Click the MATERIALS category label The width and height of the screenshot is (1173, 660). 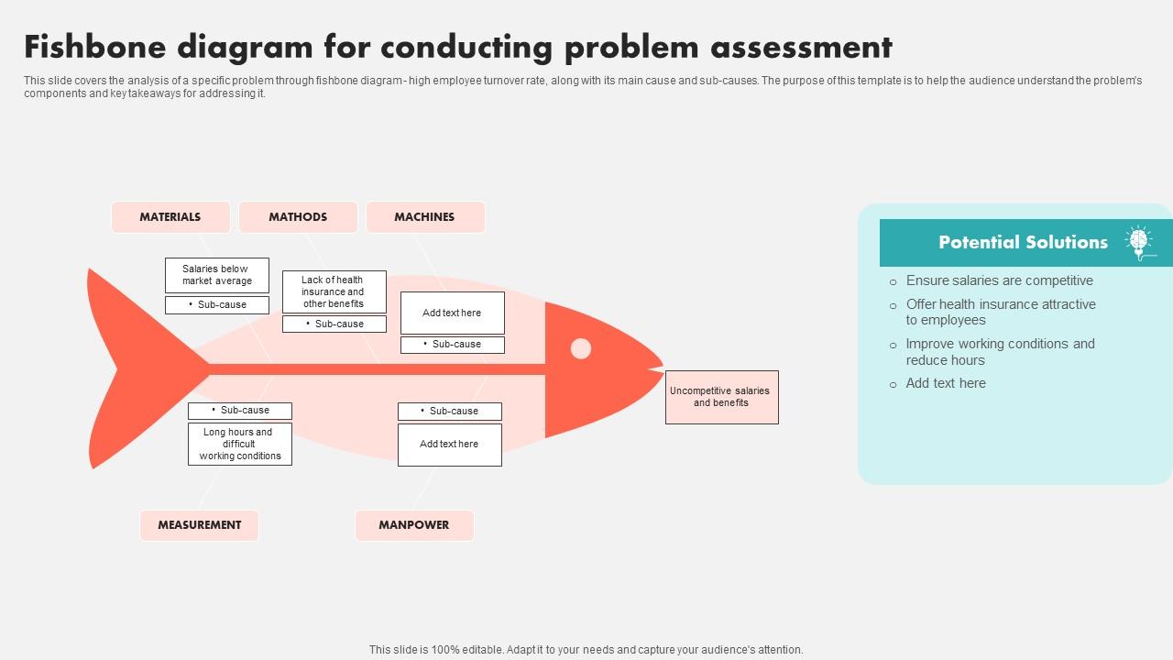170,217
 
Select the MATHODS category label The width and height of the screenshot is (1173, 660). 298,217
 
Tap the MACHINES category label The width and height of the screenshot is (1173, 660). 424,217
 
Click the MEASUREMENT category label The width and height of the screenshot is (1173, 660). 199,525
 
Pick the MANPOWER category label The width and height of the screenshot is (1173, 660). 414,525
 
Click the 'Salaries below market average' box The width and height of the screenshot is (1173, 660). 216,275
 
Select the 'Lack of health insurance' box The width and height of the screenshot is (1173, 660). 334,291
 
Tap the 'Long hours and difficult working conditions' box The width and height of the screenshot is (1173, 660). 239,444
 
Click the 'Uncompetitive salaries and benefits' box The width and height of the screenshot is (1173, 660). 721,397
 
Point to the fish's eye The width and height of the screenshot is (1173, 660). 581,348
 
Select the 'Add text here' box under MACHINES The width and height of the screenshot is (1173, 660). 452,313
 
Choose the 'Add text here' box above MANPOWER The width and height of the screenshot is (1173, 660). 449,445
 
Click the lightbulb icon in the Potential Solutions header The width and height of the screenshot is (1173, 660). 1139,242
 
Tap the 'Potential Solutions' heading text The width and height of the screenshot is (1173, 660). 1023,242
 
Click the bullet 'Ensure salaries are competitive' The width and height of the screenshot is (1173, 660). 999,280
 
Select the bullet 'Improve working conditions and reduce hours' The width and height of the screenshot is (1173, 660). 1000,352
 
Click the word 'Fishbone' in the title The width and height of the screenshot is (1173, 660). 95,47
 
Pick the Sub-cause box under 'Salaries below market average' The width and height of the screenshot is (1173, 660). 216,305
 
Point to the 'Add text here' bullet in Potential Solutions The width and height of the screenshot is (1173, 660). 946,383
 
